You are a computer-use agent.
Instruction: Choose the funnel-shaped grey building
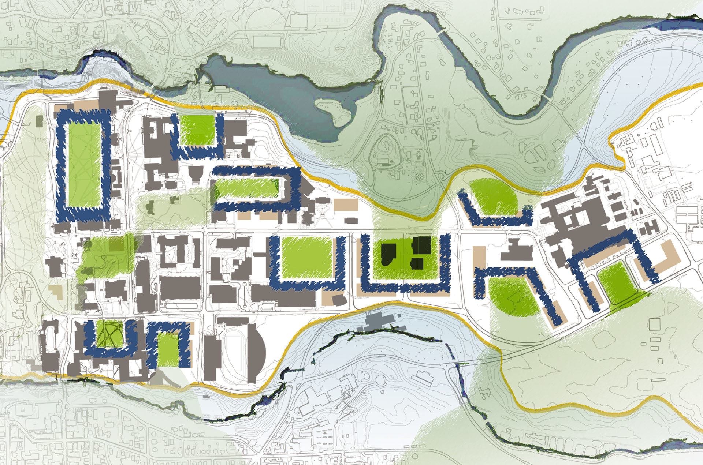[196, 173]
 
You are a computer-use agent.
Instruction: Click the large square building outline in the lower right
[655, 325]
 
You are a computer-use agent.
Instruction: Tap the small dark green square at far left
[39, 121]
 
